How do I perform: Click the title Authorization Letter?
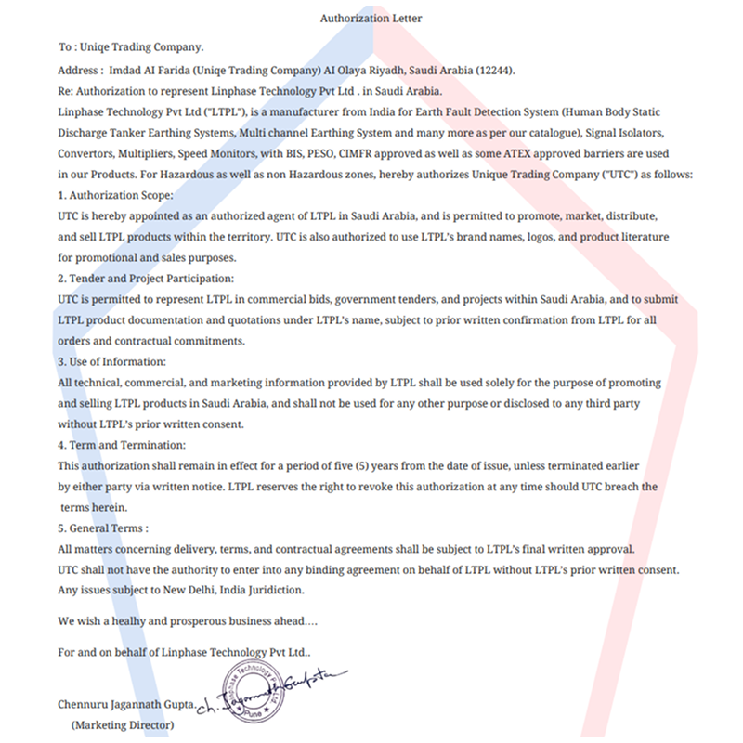click(371, 18)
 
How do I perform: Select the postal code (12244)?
click(494, 71)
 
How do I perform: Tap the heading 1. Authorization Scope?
click(115, 195)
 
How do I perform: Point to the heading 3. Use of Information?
click(112, 361)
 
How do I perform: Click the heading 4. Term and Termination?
click(122, 445)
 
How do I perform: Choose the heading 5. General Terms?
click(103, 528)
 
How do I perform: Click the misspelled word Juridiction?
click(271, 590)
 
